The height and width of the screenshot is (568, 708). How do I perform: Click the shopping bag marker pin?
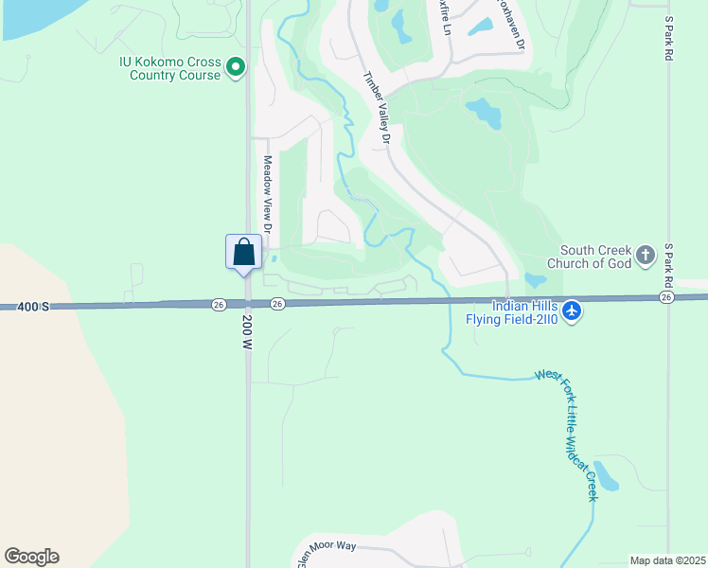tap(244, 253)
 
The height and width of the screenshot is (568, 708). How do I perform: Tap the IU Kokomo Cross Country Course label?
tap(170, 68)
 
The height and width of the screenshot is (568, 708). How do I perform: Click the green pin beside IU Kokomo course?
tap(237, 67)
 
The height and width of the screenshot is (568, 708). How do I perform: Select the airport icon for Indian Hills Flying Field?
tap(572, 311)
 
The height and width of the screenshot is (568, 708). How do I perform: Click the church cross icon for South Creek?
tap(646, 255)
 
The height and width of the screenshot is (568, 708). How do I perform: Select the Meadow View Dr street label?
tap(268, 195)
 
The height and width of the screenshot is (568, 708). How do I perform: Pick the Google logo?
tap(31, 557)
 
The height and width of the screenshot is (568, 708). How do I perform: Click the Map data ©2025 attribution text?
tap(667, 560)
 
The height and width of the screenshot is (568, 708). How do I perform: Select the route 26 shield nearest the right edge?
tap(666, 297)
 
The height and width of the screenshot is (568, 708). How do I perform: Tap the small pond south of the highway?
tap(604, 476)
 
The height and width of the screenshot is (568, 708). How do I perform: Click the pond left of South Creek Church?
tap(535, 280)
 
